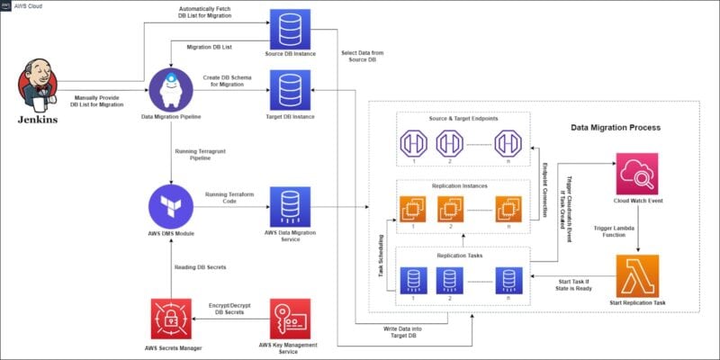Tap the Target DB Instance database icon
point(291,90)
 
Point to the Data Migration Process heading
point(616,128)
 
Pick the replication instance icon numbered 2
point(448,208)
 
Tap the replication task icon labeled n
point(508,279)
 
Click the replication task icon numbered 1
point(412,279)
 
